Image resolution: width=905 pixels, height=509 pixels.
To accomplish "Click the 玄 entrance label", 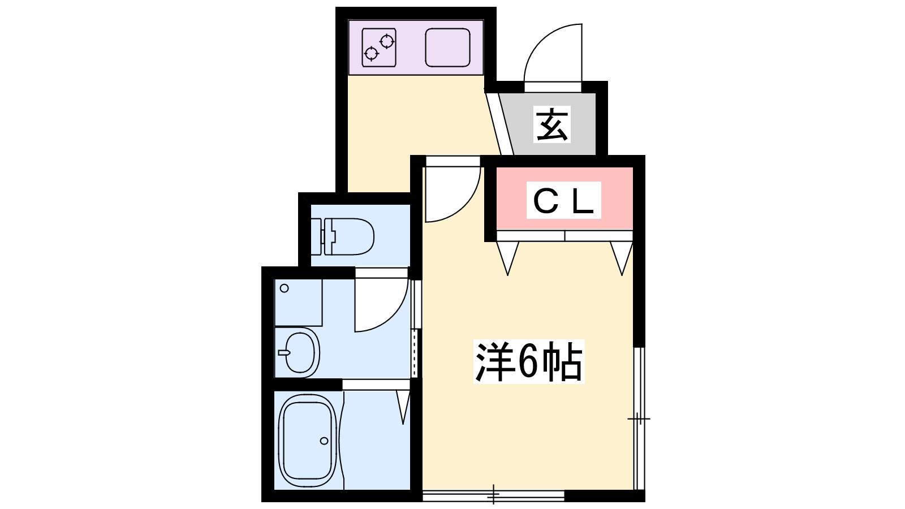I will [x=552, y=124].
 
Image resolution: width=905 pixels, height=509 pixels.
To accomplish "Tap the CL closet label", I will [x=563, y=200].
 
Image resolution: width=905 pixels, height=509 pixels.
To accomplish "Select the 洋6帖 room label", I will [x=528, y=362].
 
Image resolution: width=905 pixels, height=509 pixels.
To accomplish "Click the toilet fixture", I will [x=343, y=236].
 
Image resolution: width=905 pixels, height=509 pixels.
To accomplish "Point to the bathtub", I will [x=308, y=441].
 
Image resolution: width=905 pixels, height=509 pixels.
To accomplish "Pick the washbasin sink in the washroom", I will [x=299, y=352].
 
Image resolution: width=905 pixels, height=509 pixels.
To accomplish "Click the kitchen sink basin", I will [x=448, y=48].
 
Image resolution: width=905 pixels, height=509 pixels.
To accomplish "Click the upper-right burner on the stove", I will [x=387, y=41].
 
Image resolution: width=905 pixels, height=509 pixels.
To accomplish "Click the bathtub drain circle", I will [x=324, y=441].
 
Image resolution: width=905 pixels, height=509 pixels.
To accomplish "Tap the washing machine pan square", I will [x=298, y=302].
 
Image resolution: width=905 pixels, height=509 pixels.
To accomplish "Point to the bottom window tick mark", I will [x=494, y=495].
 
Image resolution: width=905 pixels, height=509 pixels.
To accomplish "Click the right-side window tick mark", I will [x=639, y=419].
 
